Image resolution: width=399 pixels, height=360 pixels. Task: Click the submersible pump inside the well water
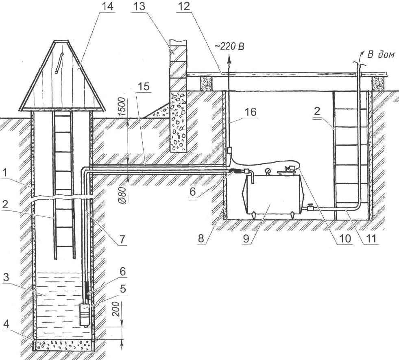(x=85, y=314)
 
